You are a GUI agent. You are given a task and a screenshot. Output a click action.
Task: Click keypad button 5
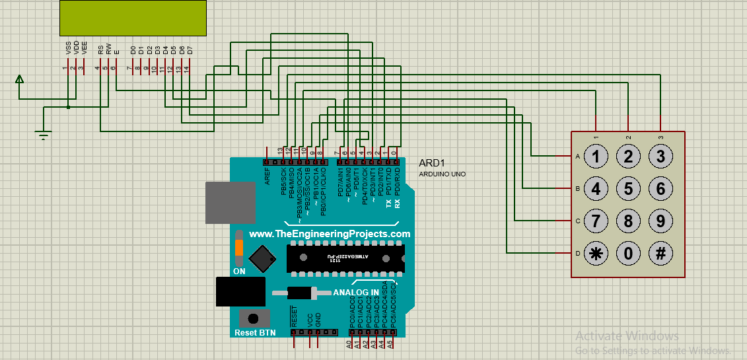point(628,189)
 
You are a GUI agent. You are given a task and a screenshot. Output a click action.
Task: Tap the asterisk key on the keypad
point(596,253)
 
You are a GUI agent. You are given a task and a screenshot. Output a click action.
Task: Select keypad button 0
point(628,253)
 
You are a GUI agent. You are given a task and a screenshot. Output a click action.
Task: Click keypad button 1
point(596,157)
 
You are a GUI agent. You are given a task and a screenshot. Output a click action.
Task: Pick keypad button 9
point(660,221)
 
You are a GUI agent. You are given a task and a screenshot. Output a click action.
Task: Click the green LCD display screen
point(133,18)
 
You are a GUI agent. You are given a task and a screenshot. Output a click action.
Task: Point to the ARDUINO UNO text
point(442,174)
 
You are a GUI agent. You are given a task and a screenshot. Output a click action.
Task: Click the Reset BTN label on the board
point(255,332)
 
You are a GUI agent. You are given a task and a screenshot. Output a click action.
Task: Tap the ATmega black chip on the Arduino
point(345,258)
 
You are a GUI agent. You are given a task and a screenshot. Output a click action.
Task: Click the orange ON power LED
point(239,249)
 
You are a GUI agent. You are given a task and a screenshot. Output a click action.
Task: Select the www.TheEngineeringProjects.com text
point(330,234)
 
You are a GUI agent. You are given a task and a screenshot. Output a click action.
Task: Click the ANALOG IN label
point(356,292)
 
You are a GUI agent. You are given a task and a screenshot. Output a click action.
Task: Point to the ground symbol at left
point(44,135)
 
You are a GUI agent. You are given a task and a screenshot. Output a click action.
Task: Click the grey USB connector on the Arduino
point(230,203)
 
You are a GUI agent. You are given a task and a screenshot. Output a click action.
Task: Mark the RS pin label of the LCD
point(100,49)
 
